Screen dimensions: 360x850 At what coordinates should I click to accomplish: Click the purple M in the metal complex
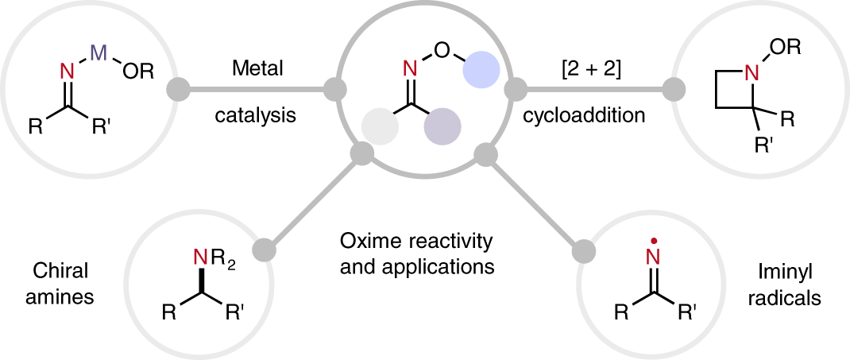(x=98, y=52)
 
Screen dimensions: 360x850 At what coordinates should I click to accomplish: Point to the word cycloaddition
(x=584, y=115)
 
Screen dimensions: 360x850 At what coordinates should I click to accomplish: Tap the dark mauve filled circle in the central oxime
(x=442, y=126)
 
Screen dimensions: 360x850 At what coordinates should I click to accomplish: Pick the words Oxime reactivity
(x=417, y=240)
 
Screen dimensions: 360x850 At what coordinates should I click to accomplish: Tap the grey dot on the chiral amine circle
(x=266, y=248)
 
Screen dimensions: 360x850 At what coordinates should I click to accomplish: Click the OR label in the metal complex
(x=141, y=72)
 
